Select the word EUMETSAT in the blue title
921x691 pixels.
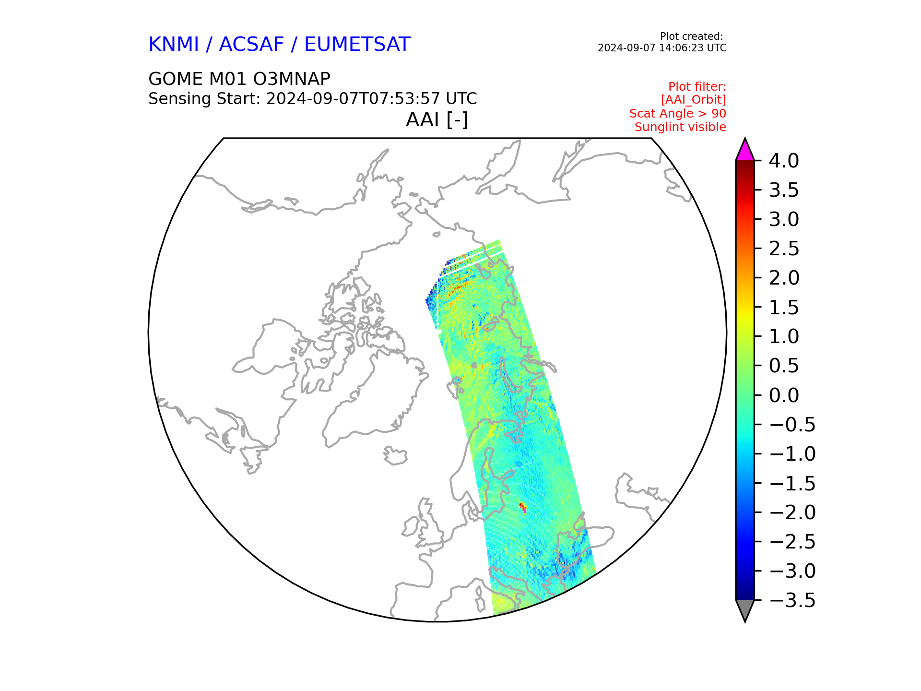(x=357, y=44)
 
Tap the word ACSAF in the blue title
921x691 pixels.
(x=251, y=44)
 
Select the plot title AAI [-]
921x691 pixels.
(x=437, y=119)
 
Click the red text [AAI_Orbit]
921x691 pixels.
(x=694, y=100)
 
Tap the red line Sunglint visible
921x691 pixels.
(x=680, y=127)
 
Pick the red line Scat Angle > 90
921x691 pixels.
(x=678, y=114)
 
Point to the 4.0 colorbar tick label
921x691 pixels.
(x=784, y=161)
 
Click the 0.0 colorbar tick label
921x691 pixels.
(x=784, y=395)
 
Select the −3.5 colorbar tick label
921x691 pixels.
(x=792, y=600)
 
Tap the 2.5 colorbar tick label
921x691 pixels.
(x=784, y=249)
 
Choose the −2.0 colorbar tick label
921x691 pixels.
(x=792, y=512)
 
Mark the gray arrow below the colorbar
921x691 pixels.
(x=745, y=609)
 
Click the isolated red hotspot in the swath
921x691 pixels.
(x=522, y=507)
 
